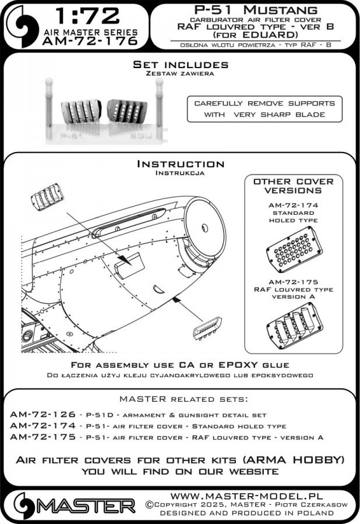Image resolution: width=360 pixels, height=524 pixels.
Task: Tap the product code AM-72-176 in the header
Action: coord(90,41)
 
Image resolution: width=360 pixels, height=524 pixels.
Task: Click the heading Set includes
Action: coord(180,64)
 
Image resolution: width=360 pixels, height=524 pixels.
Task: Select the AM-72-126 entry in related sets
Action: coord(43,415)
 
